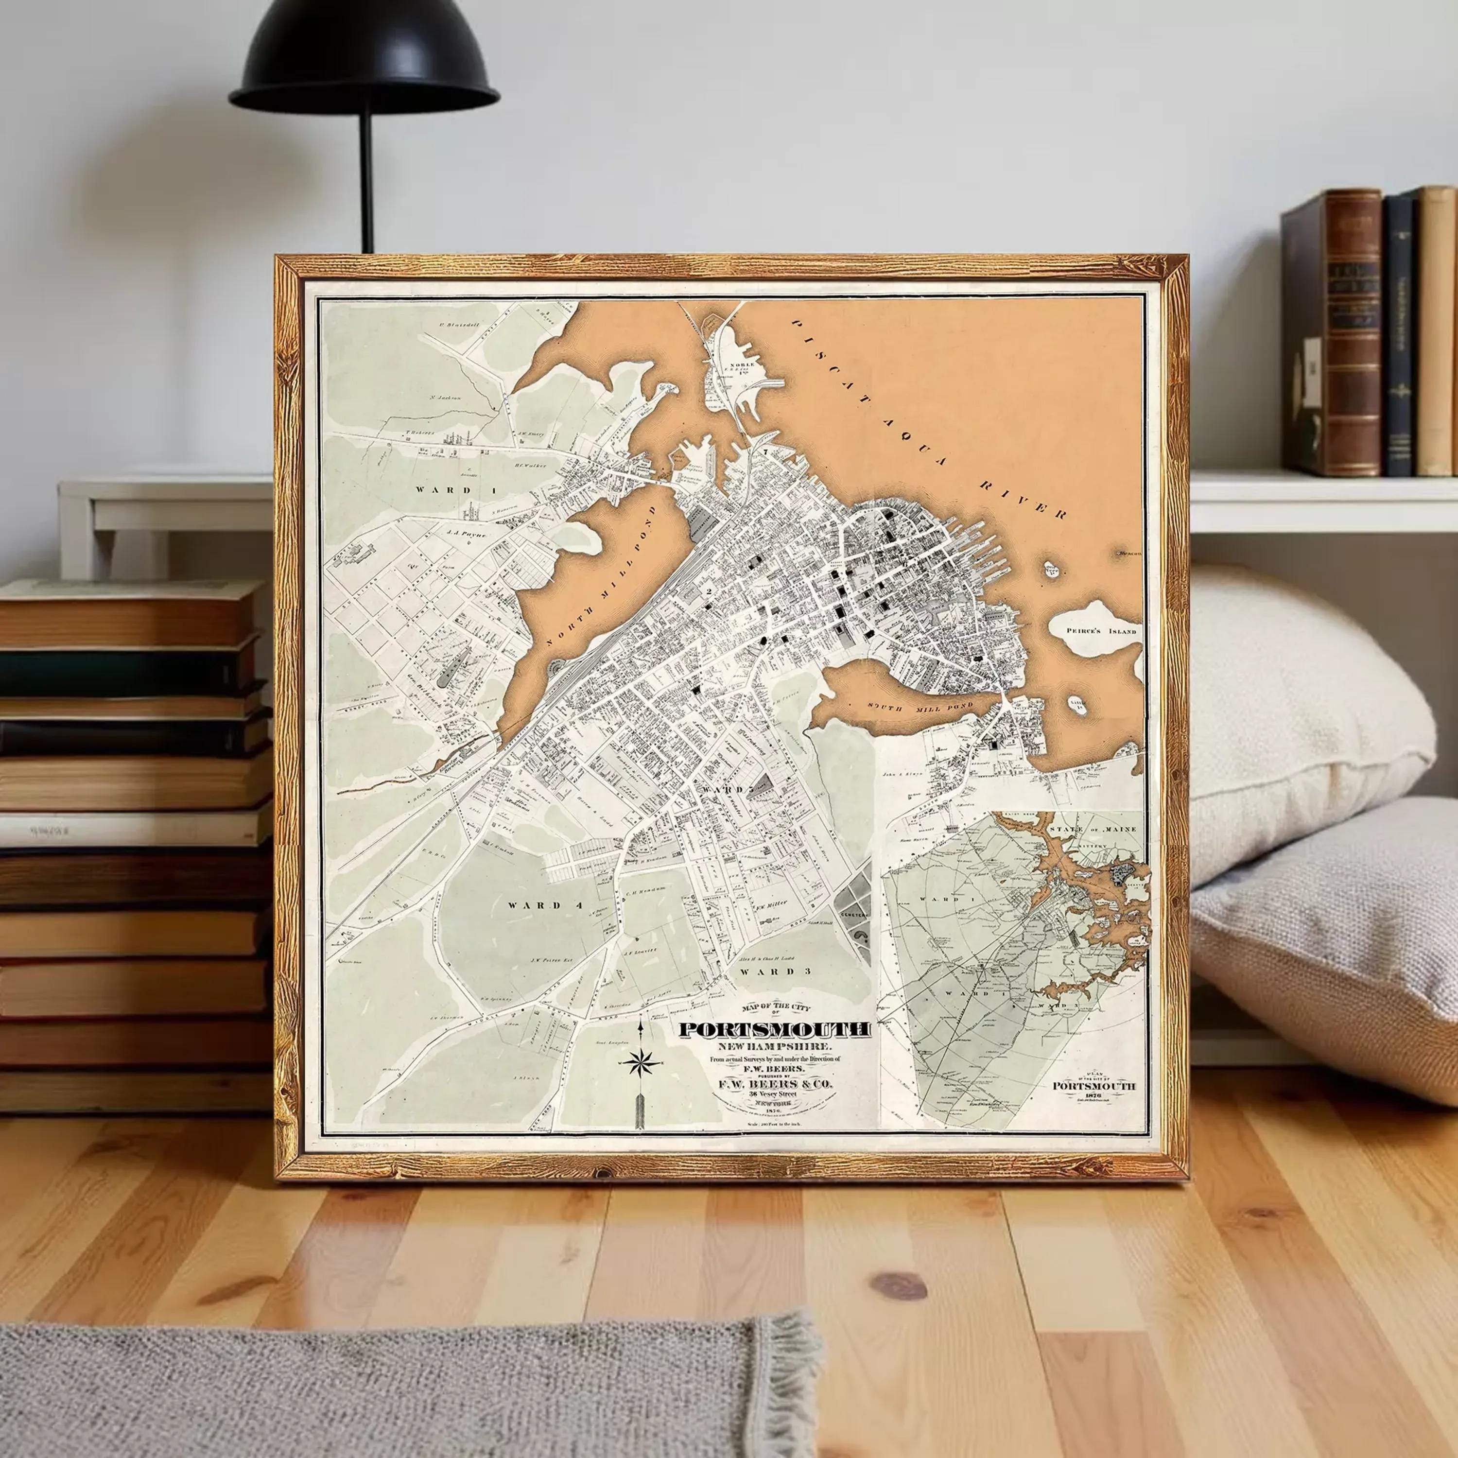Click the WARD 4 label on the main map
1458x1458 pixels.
click(x=534, y=905)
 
